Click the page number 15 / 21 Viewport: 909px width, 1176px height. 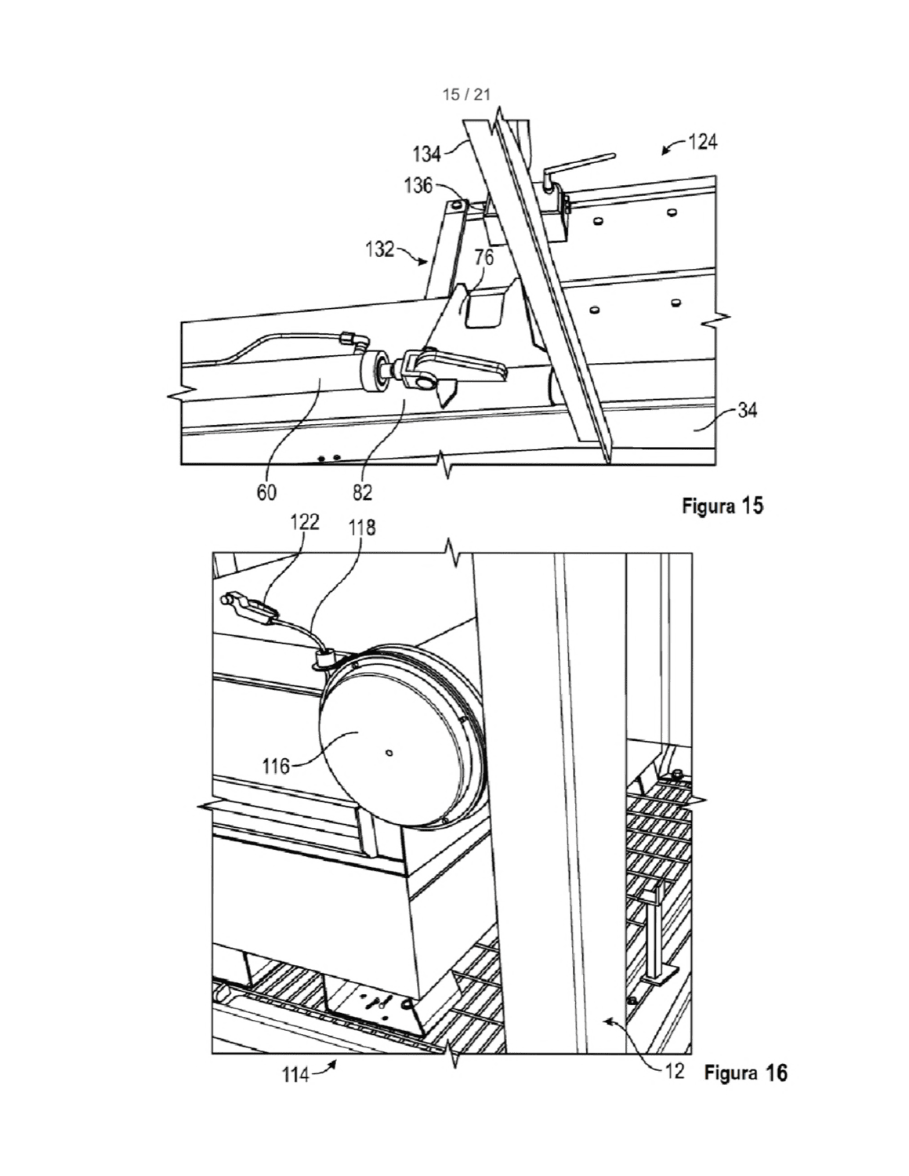466,95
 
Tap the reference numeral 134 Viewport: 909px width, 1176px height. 427,154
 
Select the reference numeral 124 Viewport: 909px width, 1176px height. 702,143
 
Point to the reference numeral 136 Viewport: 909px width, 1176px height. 418,186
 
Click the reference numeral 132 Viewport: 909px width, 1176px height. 379,249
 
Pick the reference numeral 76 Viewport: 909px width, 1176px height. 484,258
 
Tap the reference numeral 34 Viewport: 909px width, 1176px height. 748,411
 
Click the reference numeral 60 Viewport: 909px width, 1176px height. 266,492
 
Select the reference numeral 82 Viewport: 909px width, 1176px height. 362,492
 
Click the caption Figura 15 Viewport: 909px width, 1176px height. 722,506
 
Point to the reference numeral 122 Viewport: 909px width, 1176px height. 305,522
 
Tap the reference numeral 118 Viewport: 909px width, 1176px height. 361,527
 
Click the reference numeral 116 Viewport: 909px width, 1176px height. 277,766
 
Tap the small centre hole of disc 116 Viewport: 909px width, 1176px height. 390,753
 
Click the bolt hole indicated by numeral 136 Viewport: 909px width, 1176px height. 458,205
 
